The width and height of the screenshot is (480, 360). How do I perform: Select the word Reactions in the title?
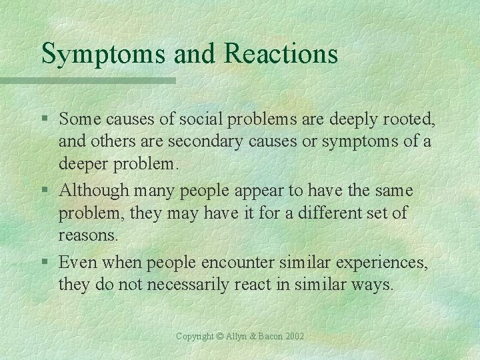click(x=281, y=53)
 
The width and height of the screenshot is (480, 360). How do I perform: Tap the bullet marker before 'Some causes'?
click(x=45, y=119)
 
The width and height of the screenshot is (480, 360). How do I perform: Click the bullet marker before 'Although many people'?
click(x=45, y=191)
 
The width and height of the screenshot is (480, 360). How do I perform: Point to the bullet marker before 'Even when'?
click(x=45, y=263)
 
